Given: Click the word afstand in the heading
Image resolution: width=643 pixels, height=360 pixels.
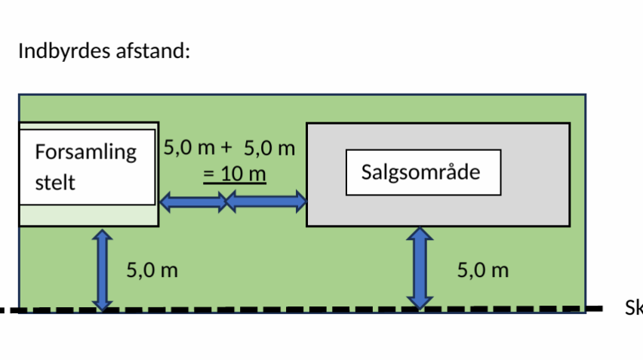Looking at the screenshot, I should [155, 51].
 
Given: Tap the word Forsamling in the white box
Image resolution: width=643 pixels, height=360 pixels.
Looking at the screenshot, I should [86, 152].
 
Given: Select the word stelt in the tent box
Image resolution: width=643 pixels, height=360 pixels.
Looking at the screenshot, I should [55, 183].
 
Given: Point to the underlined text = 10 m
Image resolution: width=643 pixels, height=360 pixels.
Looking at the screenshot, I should [235, 174].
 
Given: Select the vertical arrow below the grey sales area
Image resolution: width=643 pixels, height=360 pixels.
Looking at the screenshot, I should [420, 268].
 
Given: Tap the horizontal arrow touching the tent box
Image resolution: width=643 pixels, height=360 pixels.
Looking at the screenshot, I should [193, 202].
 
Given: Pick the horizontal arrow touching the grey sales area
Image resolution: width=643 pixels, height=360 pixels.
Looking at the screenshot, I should [266, 202].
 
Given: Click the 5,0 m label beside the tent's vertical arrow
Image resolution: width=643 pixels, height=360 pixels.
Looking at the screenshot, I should [152, 270].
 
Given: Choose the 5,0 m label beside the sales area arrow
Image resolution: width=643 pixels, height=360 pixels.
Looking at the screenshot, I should [483, 270].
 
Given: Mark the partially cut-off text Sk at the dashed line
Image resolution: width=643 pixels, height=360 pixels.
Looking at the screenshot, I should [632, 308].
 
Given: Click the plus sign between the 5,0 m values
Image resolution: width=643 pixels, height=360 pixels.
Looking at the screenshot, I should [225, 148].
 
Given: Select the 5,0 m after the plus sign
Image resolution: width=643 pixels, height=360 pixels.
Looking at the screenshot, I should [269, 148].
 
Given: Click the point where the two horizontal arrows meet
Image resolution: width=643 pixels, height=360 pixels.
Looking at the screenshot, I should [227, 202].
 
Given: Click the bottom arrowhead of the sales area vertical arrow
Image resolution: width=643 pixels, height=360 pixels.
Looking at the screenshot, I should [420, 302].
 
